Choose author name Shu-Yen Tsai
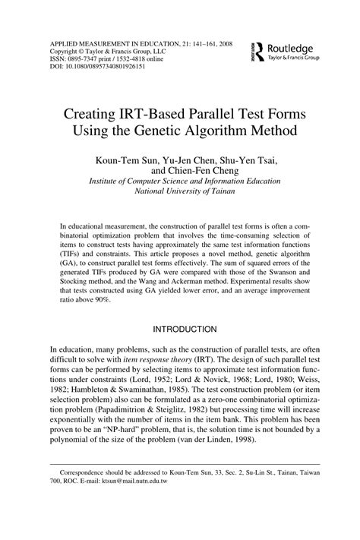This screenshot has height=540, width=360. [x=242, y=160]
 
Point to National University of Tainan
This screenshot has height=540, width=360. [x=180, y=192]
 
